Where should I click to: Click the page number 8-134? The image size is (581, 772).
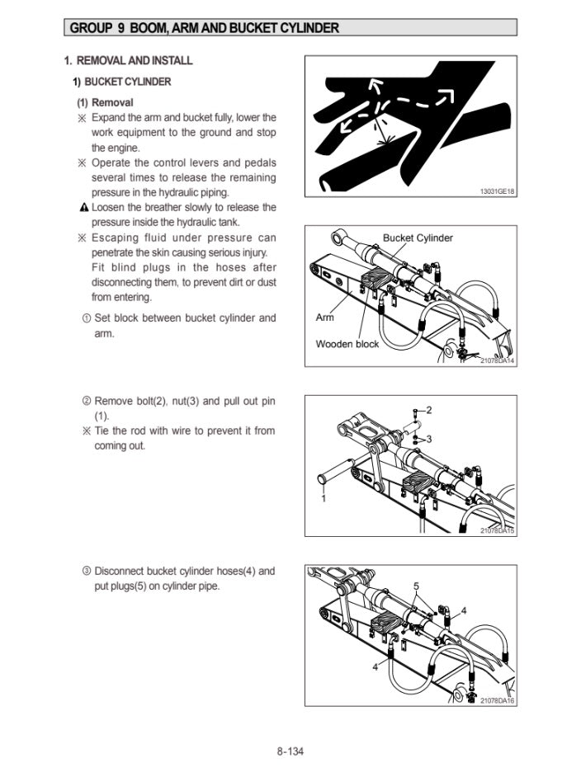click(291, 751)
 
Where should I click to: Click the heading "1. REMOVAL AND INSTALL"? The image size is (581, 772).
click(129, 61)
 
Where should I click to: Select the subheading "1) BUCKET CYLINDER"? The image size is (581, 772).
click(121, 82)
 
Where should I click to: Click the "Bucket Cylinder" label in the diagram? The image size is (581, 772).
click(418, 238)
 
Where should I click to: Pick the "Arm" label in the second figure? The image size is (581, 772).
click(324, 318)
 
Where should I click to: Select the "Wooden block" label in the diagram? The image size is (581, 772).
click(347, 344)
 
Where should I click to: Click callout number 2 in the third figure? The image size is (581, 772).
click(428, 410)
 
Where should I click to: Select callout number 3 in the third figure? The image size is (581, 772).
click(428, 438)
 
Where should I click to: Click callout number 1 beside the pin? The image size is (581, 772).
click(324, 498)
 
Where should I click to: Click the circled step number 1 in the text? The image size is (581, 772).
click(87, 318)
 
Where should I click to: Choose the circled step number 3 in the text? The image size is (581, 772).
click(87, 571)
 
